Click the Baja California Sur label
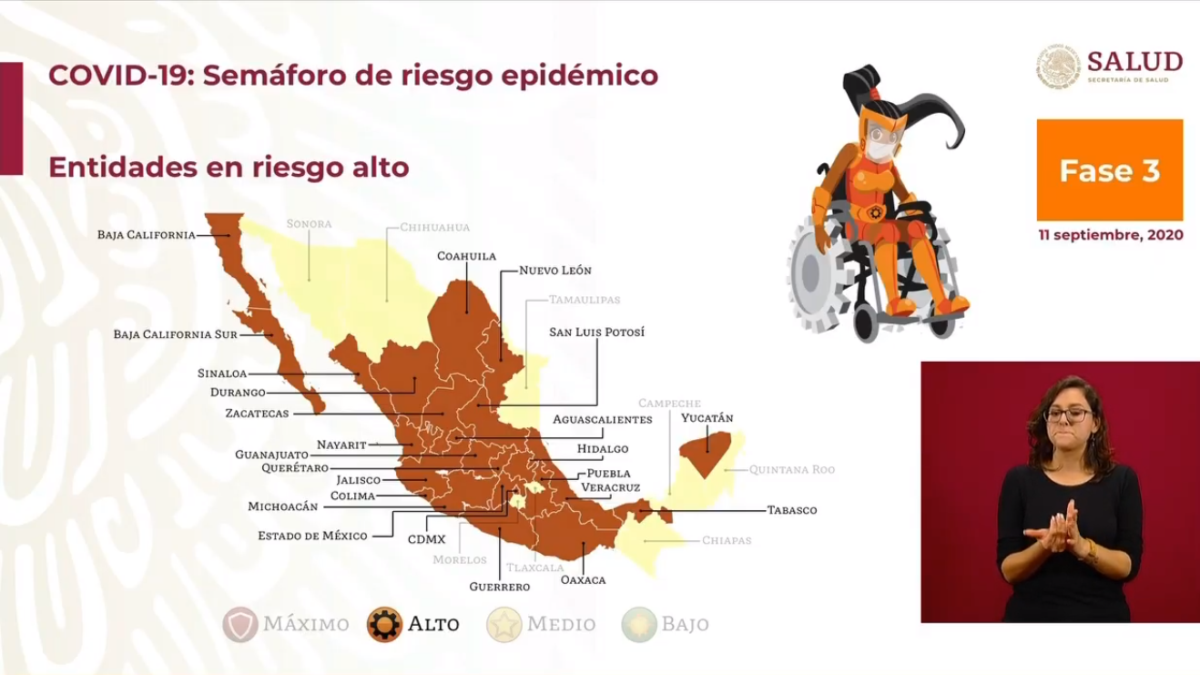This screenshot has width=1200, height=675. tap(176, 334)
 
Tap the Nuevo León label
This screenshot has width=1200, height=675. tap(555, 271)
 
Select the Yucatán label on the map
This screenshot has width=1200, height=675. tap(707, 418)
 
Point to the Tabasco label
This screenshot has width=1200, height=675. tap(792, 510)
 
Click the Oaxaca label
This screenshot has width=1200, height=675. tap(583, 580)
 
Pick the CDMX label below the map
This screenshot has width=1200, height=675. tap(426, 540)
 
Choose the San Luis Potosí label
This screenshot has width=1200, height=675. tap(596, 332)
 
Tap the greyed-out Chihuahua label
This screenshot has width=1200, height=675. tap(434, 227)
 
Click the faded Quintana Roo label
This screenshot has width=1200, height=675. tap(791, 470)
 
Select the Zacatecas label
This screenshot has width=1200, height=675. tap(257, 414)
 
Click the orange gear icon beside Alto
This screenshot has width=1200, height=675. tap(384, 624)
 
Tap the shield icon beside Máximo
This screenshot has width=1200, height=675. tap(240, 624)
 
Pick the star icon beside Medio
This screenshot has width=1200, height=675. tap(503, 624)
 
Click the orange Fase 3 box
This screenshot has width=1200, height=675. tap(1109, 170)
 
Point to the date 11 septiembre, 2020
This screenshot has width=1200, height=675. tap(1111, 235)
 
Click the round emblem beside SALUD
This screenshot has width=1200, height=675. tap(1058, 67)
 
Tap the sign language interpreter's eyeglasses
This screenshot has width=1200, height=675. tap(1068, 415)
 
